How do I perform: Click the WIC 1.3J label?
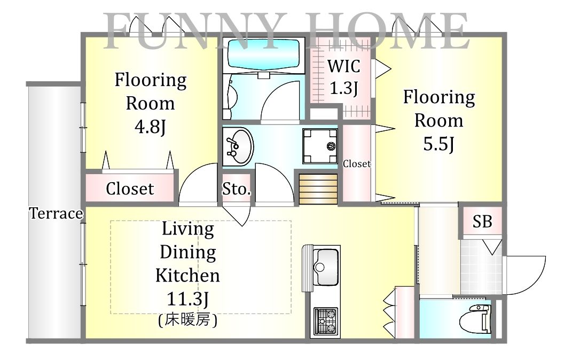(343, 77)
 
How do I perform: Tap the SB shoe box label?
(482, 221)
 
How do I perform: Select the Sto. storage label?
(237, 189)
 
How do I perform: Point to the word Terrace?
(56, 213)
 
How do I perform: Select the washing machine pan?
(319, 146)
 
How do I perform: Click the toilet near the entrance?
(475, 319)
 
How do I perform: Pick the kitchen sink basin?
(325, 267)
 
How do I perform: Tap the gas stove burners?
(326, 321)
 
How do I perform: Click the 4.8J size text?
(150, 127)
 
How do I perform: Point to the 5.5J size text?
(438, 144)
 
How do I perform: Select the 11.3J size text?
(187, 299)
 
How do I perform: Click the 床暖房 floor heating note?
(188, 320)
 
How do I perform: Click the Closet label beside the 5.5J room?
(356, 164)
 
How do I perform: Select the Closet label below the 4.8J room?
(130, 189)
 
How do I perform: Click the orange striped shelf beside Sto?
(318, 189)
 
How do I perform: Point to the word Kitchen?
(187, 276)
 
